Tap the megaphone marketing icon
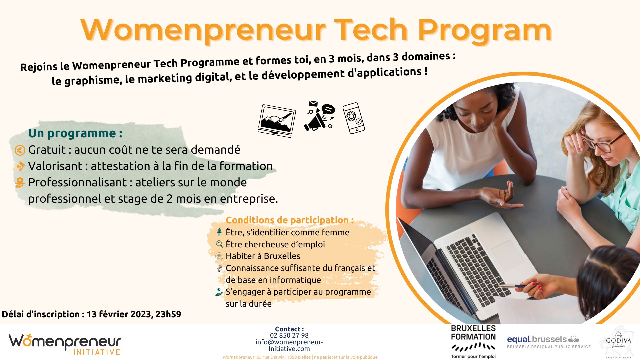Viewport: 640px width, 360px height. coord(319,117)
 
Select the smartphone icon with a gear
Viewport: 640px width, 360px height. coord(353,118)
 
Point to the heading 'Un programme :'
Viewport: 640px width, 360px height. coord(75,133)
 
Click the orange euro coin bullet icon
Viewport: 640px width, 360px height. coord(20,151)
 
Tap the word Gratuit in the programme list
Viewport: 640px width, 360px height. coord(47,150)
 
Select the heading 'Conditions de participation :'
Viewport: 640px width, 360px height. coord(289,220)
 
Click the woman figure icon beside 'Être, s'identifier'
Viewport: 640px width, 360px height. coord(219,232)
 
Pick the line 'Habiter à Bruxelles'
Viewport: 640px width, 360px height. coord(263,256)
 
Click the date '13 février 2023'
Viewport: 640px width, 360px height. coord(119,314)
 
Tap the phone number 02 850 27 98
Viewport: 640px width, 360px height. coord(289,335)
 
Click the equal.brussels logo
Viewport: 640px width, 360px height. coord(548,342)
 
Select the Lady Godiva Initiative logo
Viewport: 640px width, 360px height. coord(618,342)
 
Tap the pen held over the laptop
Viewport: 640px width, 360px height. coord(513,286)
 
